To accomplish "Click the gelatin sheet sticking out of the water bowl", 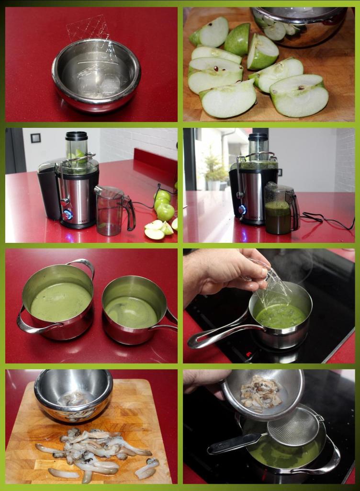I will coord(89,28).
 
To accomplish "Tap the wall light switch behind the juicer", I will coord(35,138).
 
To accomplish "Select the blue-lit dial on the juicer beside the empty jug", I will coord(67,215).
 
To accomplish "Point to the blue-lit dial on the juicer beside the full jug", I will coord(242,209).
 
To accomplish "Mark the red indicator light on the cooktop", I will coord(248,354).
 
